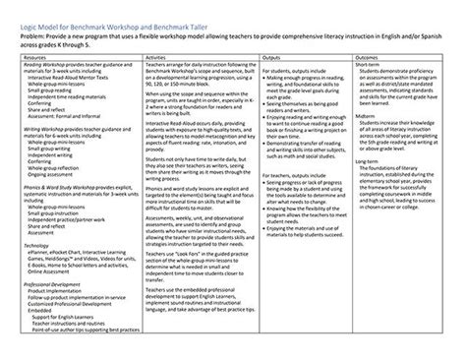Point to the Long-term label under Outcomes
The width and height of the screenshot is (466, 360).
pyautogui.click(x=373, y=158)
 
